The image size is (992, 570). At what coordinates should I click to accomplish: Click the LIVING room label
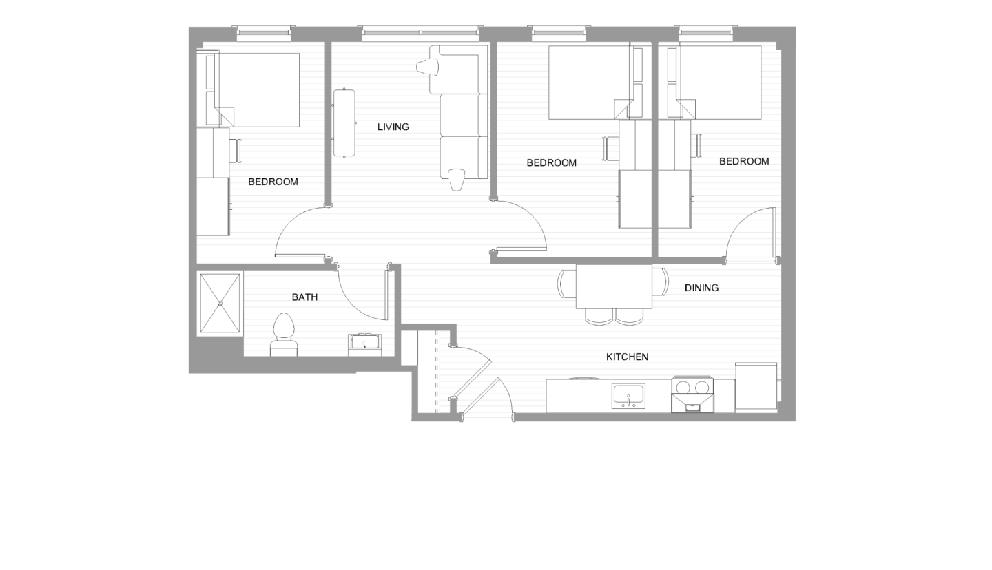[x=393, y=127]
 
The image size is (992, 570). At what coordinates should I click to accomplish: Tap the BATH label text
[x=304, y=297]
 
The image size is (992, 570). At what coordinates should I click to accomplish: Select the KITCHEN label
[x=627, y=357]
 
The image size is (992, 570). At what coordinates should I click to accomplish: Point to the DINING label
[x=701, y=288]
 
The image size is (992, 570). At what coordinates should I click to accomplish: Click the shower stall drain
[x=220, y=304]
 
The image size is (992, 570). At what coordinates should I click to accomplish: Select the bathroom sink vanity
[x=364, y=344]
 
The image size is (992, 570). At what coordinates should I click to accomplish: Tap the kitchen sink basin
[x=628, y=395]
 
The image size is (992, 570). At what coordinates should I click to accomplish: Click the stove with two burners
[x=692, y=394]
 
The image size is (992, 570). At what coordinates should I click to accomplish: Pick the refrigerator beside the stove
[x=756, y=387]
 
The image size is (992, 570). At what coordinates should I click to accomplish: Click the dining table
[x=614, y=286]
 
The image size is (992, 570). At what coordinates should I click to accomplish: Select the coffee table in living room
[x=344, y=123]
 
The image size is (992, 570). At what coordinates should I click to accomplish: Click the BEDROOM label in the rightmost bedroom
[x=744, y=161]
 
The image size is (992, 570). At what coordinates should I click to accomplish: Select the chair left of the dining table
[x=567, y=283]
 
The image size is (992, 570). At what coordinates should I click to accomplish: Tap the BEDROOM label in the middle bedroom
[x=551, y=163]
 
